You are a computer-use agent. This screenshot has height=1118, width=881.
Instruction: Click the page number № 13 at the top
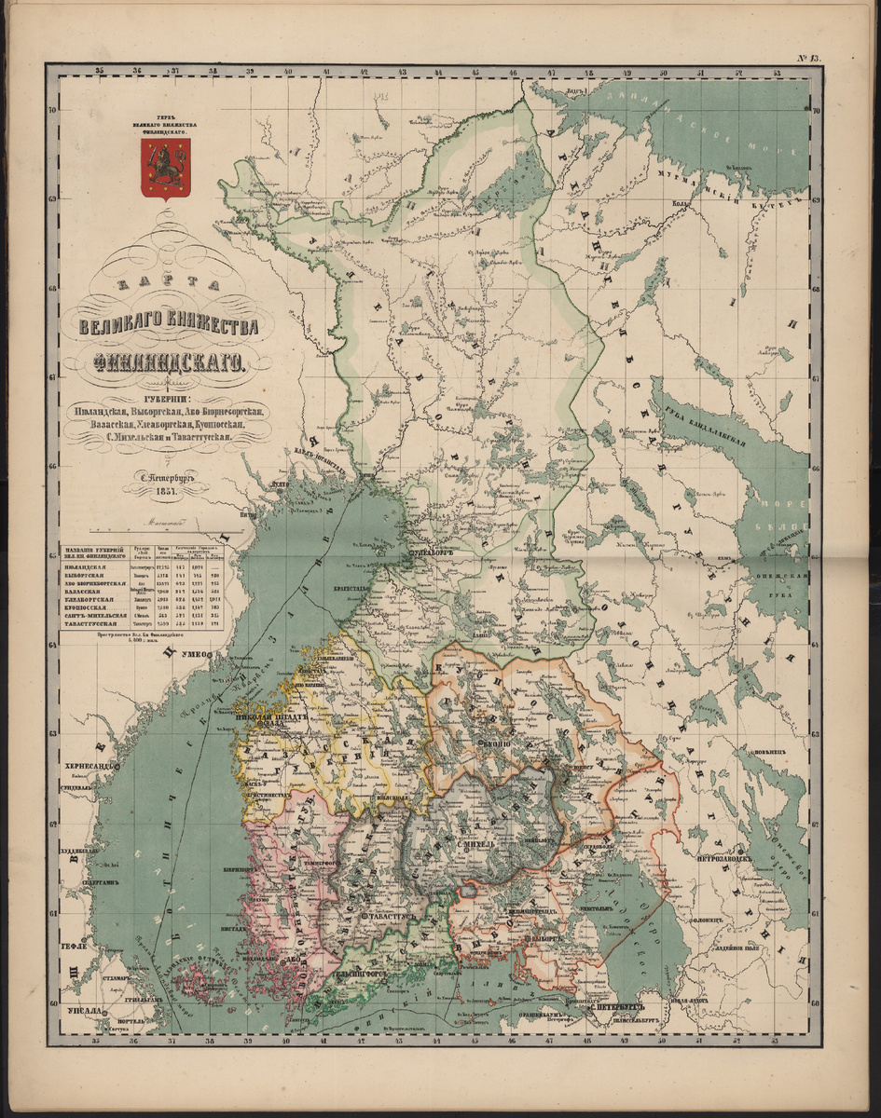[x=808, y=58]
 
